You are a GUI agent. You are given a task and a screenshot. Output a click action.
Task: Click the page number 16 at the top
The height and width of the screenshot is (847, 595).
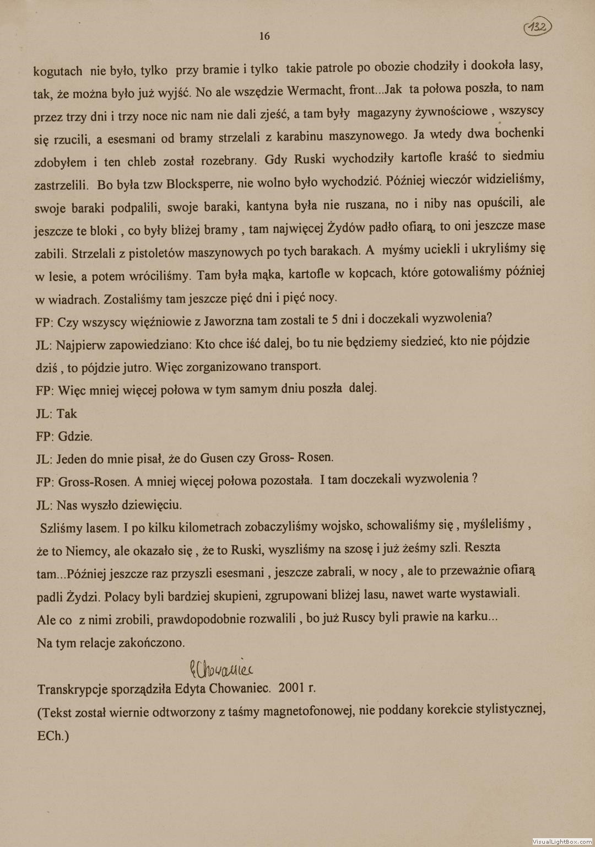pos(264,36)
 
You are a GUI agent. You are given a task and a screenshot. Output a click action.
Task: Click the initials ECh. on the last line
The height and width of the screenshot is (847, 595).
pos(53,736)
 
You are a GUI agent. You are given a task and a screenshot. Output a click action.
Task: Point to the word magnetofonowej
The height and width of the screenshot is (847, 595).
pos(308,712)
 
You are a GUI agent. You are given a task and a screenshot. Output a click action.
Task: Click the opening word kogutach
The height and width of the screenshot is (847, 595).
pos(58,71)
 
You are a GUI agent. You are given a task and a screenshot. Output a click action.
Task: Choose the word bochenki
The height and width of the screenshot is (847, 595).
pos(520,133)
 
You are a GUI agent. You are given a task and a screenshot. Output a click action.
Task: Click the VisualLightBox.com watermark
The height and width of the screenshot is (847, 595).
pos(562,841)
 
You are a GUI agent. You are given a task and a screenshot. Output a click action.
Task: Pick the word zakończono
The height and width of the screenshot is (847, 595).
pos(152,642)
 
